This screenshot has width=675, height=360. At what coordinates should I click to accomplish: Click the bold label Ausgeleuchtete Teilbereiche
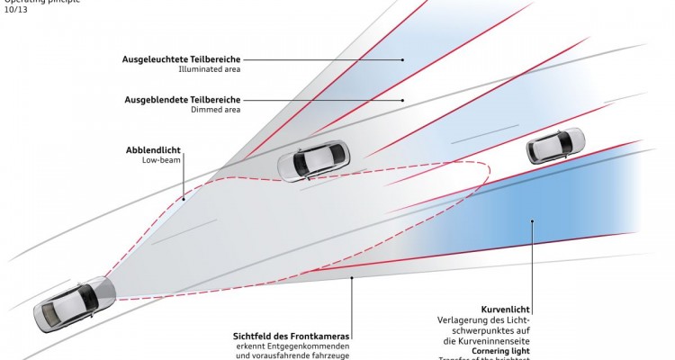[x=182, y=59]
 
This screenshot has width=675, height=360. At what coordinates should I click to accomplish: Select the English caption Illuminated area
[x=209, y=69]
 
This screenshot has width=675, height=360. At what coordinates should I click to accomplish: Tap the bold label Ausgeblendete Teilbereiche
[x=184, y=99]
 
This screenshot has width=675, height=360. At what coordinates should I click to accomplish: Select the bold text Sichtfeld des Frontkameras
[x=291, y=336]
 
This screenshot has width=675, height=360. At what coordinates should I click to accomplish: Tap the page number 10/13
[x=14, y=12]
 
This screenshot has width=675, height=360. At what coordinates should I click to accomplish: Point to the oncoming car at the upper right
[x=555, y=145]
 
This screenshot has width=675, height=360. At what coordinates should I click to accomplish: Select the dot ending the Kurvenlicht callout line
[x=532, y=220]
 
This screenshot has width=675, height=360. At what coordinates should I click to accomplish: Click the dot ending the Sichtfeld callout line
[x=351, y=280]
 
